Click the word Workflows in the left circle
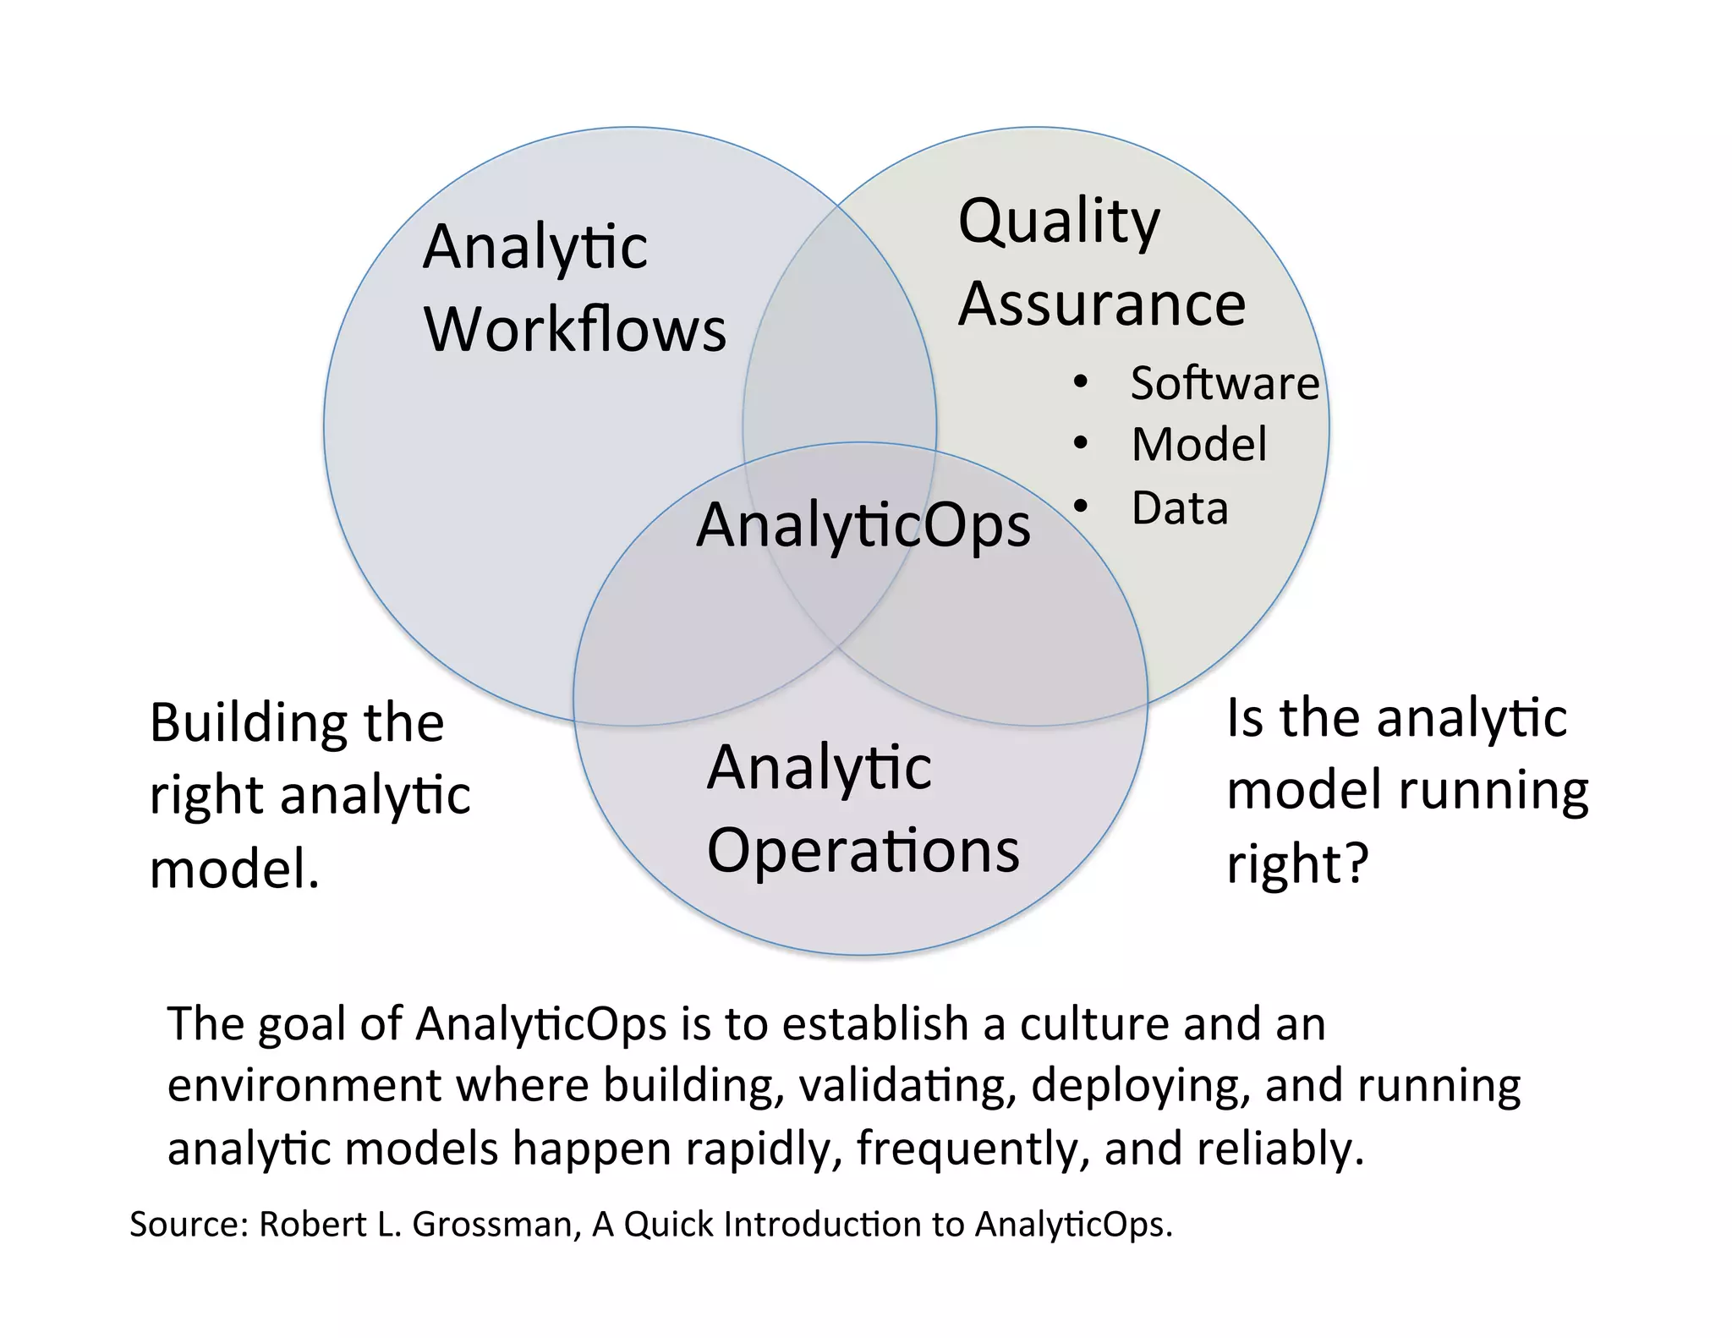point(575,329)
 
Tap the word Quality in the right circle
point(1059,222)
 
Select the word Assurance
point(1101,304)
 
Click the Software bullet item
point(1225,383)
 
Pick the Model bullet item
point(1199,445)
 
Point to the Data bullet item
point(1180,508)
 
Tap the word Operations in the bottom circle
point(863,851)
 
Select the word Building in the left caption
point(248,724)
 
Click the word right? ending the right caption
point(1296,864)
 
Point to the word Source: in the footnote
point(188,1225)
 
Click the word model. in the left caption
point(234,869)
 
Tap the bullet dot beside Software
point(1080,383)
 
